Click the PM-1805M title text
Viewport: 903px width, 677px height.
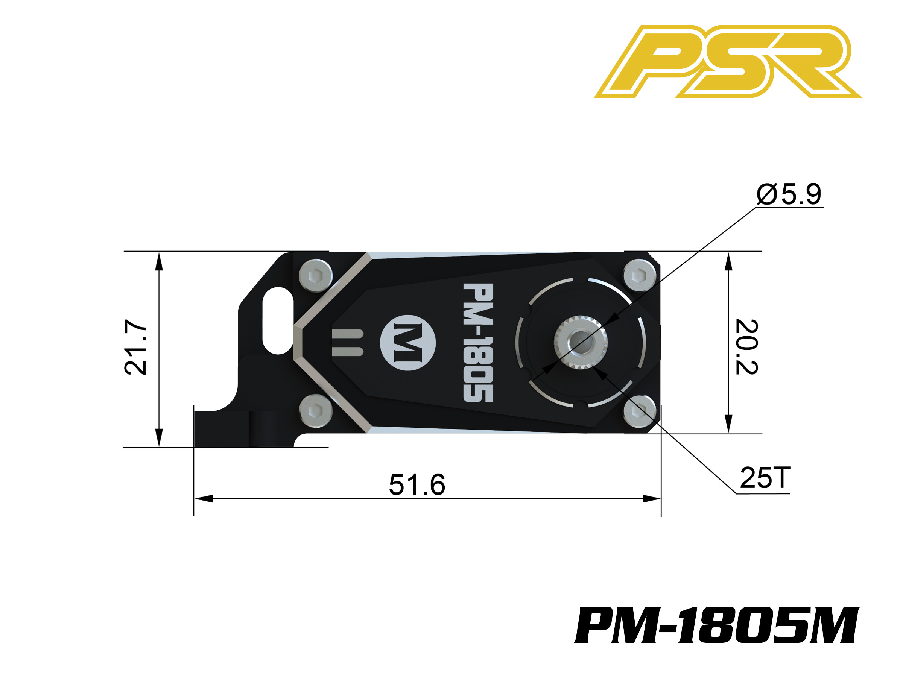[x=717, y=625]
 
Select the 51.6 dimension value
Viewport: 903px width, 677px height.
[x=417, y=485]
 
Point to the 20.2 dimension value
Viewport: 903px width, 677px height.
[x=746, y=347]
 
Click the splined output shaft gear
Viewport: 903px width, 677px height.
[x=581, y=342]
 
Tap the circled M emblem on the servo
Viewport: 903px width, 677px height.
[x=408, y=343]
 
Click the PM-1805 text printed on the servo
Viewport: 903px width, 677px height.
[x=479, y=343]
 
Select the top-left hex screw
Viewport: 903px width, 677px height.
[x=316, y=275]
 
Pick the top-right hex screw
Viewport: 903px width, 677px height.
[x=640, y=275]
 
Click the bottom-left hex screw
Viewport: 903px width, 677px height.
[x=316, y=411]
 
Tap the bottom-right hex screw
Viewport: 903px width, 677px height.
[x=640, y=411]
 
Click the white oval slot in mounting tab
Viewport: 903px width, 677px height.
[x=278, y=320]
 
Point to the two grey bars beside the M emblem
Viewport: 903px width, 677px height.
[x=347, y=342]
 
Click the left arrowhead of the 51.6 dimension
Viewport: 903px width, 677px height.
[x=203, y=499]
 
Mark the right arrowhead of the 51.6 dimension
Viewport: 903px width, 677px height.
[x=652, y=499]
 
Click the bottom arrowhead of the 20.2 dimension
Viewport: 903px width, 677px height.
[x=729, y=424]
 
